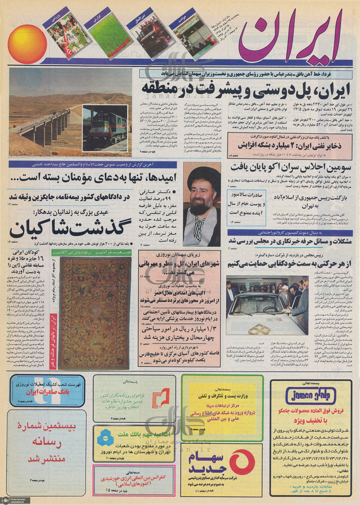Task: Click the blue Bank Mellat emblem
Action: click(x=105, y=436)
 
